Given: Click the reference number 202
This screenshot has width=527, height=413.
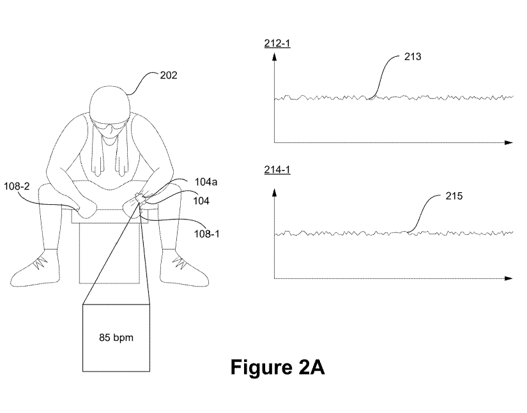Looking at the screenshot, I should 169,75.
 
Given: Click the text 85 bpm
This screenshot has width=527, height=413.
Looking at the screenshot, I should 116,337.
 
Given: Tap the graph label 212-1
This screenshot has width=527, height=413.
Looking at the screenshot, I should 274,44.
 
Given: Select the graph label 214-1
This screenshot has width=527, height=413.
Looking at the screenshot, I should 274,170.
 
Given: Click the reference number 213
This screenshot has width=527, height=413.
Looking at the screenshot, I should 412,57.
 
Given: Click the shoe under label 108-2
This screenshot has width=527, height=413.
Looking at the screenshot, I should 39,267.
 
